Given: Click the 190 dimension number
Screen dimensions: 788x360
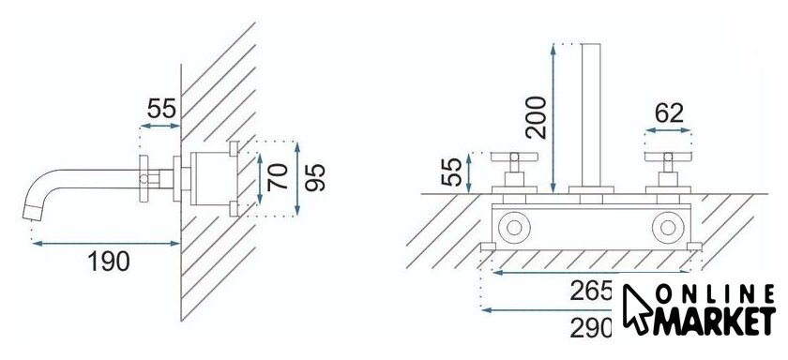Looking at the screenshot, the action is (109, 261).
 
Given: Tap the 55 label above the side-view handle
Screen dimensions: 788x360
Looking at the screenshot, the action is (161, 109).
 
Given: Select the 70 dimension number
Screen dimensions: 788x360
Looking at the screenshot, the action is (278, 177).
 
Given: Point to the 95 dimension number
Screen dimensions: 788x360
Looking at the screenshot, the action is (315, 178).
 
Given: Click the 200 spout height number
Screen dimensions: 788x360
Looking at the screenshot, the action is (536, 117).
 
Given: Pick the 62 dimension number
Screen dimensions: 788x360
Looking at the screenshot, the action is (670, 113).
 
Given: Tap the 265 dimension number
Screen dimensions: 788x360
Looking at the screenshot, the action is (591, 292).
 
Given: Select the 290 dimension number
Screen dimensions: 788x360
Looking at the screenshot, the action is (591, 328).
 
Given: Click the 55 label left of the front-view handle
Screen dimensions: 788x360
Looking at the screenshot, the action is (451, 172).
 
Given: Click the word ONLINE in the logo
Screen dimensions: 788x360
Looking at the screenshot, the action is (716, 294).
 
